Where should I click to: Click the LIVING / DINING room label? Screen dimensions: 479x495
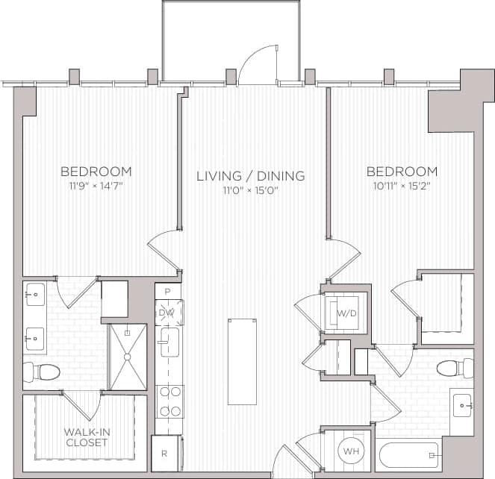pyautogui.click(x=250, y=176)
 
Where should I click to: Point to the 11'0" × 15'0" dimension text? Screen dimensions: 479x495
pyautogui.click(x=250, y=190)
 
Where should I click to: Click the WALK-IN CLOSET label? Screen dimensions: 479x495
pyautogui.click(x=85, y=437)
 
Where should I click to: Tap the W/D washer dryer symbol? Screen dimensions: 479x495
pyautogui.click(x=346, y=313)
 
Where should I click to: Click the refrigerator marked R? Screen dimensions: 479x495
pyautogui.click(x=165, y=453)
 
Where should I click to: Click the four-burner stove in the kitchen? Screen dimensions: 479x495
pyautogui.click(x=169, y=401)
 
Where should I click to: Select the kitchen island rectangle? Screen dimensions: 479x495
pyautogui.click(x=242, y=361)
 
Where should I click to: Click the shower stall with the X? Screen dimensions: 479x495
pyautogui.click(x=128, y=357)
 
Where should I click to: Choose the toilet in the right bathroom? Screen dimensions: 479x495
pyautogui.click(x=455, y=369)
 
